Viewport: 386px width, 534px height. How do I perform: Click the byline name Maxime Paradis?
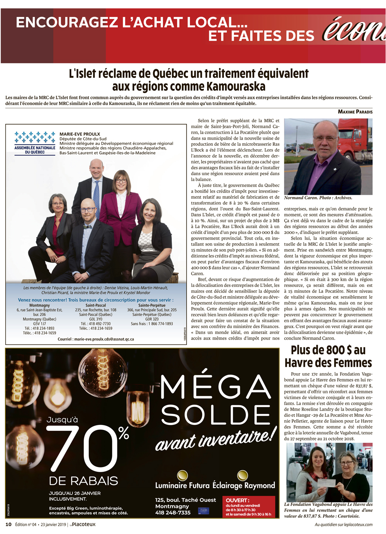355,112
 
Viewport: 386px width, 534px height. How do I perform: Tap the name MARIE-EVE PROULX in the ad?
80,134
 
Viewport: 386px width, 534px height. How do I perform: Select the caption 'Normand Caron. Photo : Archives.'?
318,198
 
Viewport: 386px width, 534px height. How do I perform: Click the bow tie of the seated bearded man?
88,227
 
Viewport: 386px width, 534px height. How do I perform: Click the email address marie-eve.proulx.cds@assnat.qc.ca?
96,339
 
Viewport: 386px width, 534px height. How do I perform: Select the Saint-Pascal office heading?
96,305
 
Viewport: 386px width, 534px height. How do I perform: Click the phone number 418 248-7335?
173,513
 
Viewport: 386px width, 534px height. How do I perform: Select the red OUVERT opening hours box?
250,507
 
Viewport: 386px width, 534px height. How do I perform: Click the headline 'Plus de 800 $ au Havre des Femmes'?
328,356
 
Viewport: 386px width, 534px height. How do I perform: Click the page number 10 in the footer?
8,525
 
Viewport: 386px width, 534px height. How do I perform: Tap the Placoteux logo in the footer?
83,525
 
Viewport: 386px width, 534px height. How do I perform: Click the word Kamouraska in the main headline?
236,86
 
